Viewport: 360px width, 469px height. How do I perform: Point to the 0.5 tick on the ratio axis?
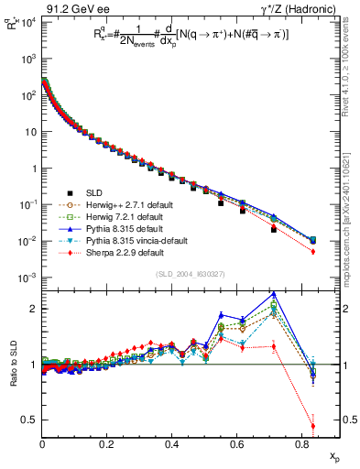[x=29, y=420]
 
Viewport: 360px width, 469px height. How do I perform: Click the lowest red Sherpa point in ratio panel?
[x=312, y=426]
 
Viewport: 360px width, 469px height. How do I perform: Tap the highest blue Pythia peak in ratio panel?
[x=274, y=294]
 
